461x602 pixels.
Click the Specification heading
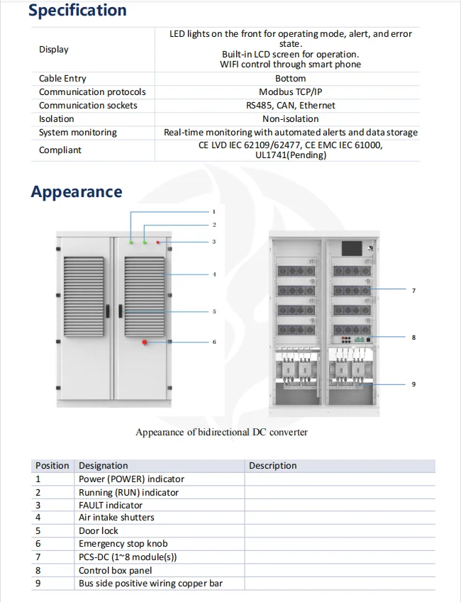tap(77, 11)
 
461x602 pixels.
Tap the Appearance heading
tap(76, 192)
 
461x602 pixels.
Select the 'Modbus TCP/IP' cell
tap(290, 92)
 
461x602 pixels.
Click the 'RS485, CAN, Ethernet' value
tap(290, 106)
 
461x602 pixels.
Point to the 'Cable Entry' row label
tap(62, 79)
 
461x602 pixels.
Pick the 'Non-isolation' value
tap(290, 119)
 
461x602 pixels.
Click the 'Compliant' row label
tap(60, 150)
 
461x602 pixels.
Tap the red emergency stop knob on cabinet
tap(145, 342)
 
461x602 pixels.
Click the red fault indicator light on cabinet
tap(158, 243)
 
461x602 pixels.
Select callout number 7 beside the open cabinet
tap(413, 291)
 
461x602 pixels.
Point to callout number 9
tap(413, 384)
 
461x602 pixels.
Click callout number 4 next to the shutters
tap(214, 274)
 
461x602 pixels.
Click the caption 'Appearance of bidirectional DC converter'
tap(221, 432)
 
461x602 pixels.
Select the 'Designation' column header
tap(104, 466)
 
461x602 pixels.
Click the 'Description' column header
tap(273, 466)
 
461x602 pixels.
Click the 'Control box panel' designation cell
tap(115, 570)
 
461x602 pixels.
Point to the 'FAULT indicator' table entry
tap(111, 506)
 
